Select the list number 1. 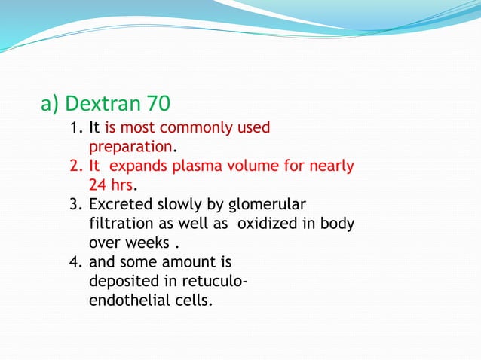(x=75, y=128)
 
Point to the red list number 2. (x=75, y=166)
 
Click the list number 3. (x=75, y=205)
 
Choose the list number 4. (x=75, y=263)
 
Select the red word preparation (x=131, y=147)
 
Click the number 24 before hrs (x=98, y=185)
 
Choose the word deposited (x=121, y=282)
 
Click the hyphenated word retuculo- (x=212, y=282)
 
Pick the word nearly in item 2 (x=332, y=166)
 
